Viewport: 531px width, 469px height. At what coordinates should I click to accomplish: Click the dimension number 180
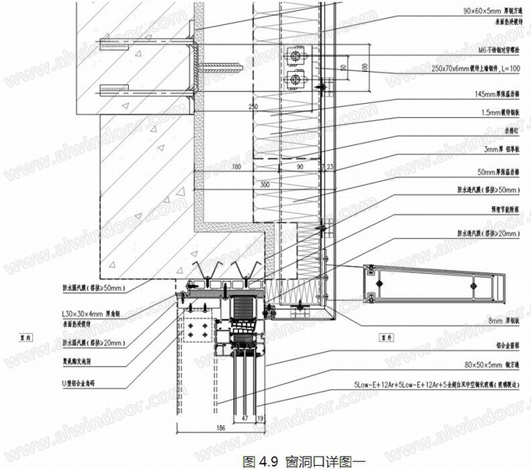tap(237, 166)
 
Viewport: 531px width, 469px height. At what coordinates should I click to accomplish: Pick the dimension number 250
tap(252, 105)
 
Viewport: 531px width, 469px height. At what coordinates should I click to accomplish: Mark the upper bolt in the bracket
tap(296, 56)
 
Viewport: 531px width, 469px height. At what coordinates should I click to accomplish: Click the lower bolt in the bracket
tap(296, 78)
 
